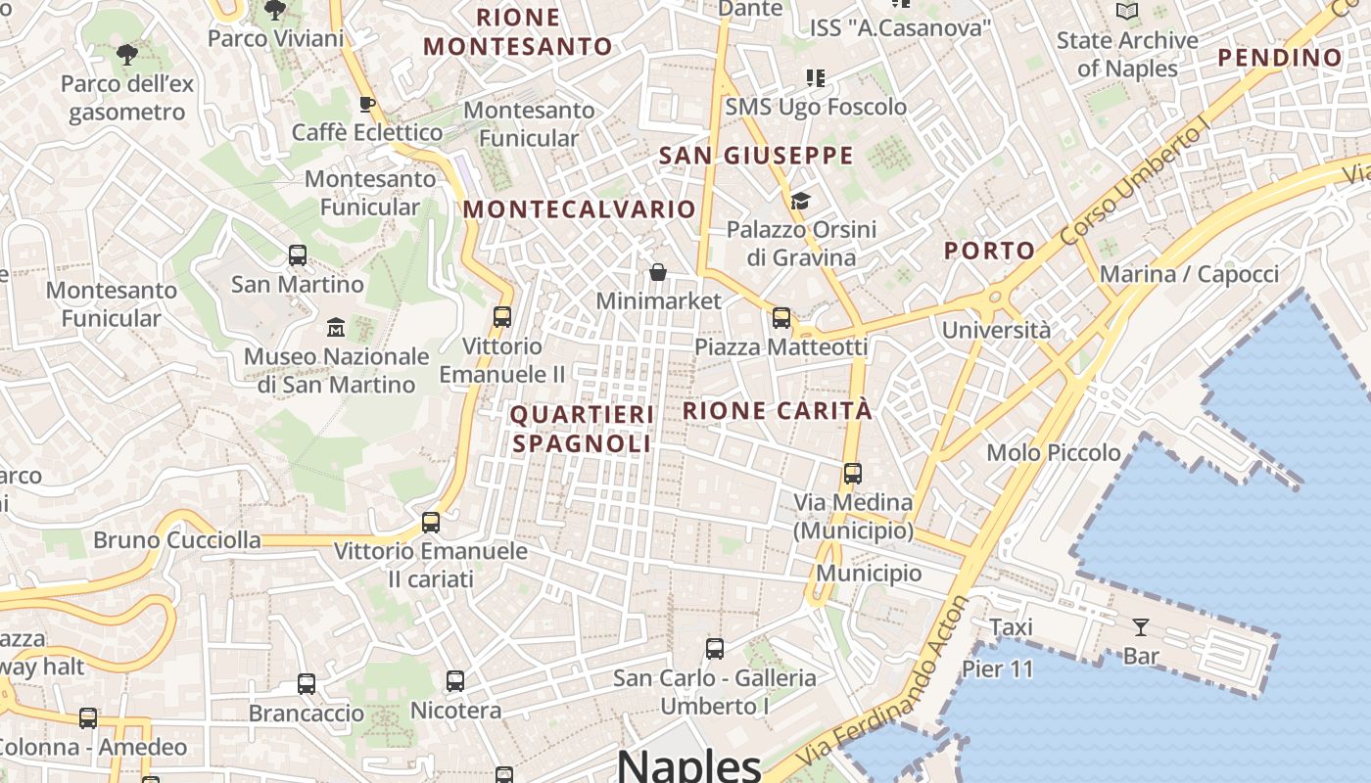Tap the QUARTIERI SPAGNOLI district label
(x=582, y=429)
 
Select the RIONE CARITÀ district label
(x=777, y=411)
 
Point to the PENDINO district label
(x=1280, y=58)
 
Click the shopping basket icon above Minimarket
(x=658, y=271)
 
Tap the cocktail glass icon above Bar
(x=1141, y=626)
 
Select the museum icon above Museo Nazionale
(x=336, y=326)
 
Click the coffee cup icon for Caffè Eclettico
(x=367, y=104)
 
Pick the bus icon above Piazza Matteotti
(x=780, y=317)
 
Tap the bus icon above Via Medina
(x=853, y=474)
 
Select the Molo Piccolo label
(x=1054, y=452)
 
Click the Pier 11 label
(x=997, y=669)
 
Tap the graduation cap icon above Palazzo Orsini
(x=801, y=201)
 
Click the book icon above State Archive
(x=1127, y=12)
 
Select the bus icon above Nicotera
(x=455, y=680)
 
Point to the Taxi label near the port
(x=1011, y=627)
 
